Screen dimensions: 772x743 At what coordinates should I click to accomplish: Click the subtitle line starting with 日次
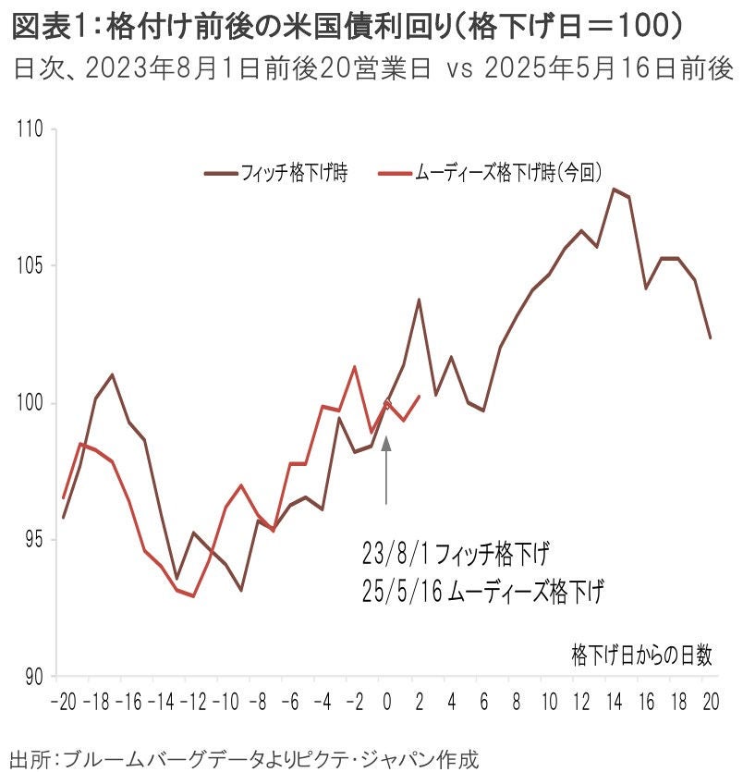370,68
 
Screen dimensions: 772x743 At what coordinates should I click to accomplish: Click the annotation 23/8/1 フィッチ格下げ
456,556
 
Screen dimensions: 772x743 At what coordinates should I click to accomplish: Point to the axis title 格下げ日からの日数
642,656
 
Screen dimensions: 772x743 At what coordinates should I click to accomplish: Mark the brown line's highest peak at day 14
613,189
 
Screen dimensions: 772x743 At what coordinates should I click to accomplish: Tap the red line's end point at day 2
419,397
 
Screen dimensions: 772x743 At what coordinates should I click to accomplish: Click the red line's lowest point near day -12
193,596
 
